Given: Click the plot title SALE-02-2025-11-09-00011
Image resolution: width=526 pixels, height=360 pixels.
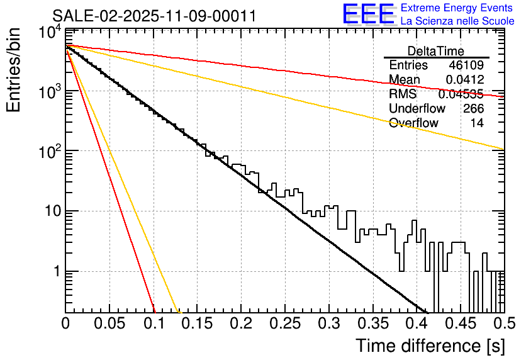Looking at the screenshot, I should click(x=154, y=16).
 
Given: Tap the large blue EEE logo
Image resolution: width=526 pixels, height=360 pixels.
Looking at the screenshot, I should click(x=368, y=14).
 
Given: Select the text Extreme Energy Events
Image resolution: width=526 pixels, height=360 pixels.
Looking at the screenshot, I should click(x=457, y=8).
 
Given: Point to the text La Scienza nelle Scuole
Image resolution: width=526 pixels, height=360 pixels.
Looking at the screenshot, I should click(x=457, y=21).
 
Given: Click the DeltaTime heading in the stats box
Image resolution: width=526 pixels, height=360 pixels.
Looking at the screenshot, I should click(x=436, y=51).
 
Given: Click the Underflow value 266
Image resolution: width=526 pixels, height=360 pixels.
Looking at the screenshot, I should click(x=473, y=109).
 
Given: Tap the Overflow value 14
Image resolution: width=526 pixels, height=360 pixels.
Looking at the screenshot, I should click(x=478, y=123).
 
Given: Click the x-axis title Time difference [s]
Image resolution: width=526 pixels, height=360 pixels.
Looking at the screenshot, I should click(x=430, y=346).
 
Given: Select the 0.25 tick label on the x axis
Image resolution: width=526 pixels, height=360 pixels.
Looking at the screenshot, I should click(x=285, y=323).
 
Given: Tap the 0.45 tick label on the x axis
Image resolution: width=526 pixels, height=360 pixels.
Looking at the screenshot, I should click(x=460, y=323).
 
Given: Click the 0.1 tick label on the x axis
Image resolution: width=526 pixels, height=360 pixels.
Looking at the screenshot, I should click(x=154, y=323).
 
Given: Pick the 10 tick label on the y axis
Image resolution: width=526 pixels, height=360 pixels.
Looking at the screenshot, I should click(x=49, y=211).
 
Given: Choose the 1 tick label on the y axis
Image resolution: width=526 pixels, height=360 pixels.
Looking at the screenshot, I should click(x=55, y=272).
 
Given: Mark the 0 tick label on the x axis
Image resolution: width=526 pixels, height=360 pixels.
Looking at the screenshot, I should click(x=66, y=323).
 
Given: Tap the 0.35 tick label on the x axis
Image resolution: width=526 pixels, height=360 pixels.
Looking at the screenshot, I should click(x=372, y=323).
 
